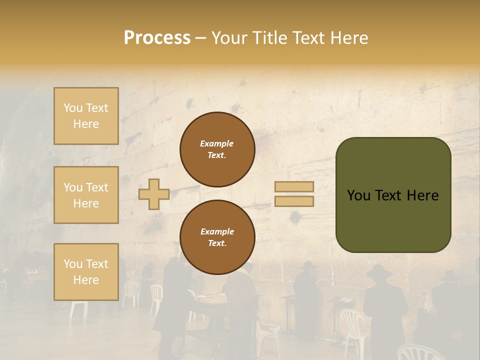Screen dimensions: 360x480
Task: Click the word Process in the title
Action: tap(157, 38)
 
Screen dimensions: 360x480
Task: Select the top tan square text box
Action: tap(86, 116)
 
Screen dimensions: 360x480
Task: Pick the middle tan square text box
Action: tap(86, 195)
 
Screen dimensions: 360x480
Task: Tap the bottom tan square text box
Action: tap(86, 271)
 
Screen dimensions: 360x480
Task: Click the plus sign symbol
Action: tap(154, 194)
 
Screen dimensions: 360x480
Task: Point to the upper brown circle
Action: tap(217, 149)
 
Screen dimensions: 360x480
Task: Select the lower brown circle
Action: tap(217, 237)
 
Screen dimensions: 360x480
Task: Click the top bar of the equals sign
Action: tap(294, 187)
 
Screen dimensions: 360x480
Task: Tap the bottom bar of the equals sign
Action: tap(294, 201)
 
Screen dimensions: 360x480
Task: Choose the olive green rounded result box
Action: tap(393, 194)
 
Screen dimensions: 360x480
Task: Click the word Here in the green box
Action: tap(422, 195)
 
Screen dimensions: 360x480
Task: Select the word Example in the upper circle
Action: tap(216, 143)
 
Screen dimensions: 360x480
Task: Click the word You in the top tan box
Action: tap(73, 108)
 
